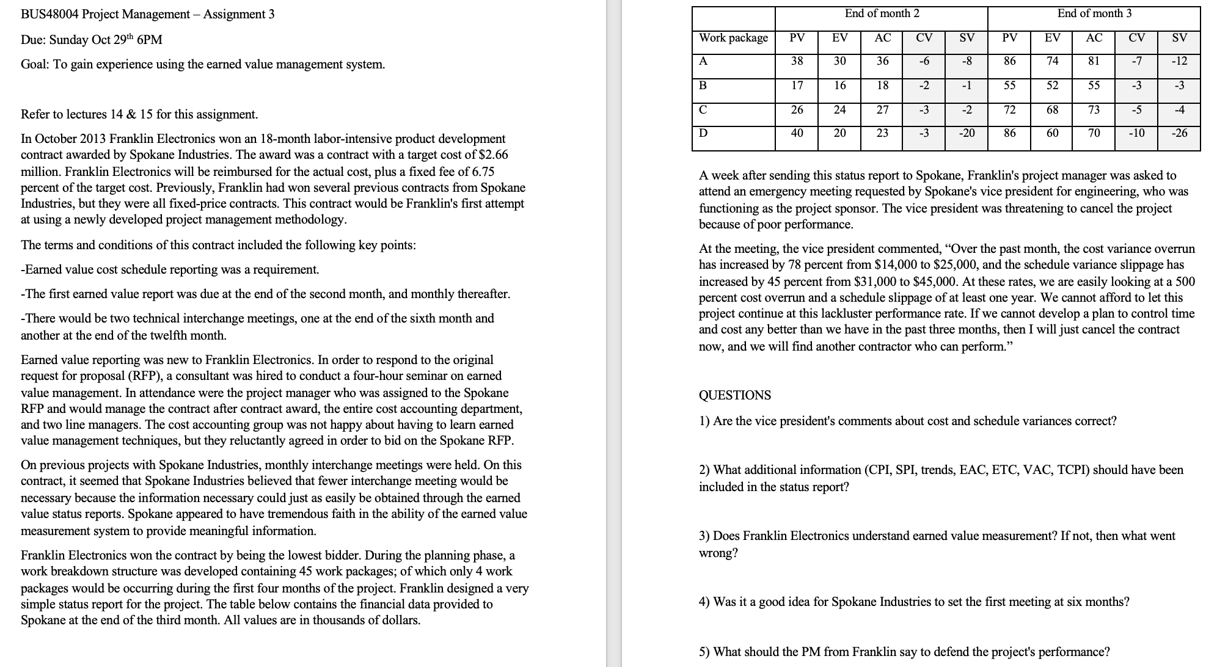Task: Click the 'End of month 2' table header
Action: [882, 13]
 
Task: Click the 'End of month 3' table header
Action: [1094, 13]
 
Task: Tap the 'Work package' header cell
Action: [733, 38]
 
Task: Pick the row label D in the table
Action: [703, 133]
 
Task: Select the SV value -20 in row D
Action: [967, 133]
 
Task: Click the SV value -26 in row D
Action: [1179, 133]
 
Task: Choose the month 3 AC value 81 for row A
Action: [1094, 61]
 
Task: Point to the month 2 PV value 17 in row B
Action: [797, 86]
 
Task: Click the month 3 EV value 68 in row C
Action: [1052, 110]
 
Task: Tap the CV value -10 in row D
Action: [1136, 133]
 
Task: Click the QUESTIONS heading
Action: [735, 395]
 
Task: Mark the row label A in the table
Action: [703, 61]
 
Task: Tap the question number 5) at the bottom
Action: [704, 652]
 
